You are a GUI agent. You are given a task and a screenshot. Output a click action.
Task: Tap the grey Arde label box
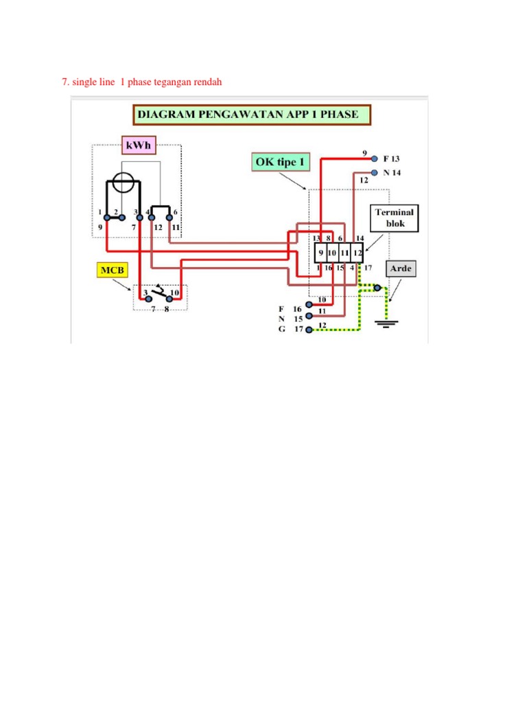400,268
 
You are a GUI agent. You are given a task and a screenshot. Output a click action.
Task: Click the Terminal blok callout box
395,218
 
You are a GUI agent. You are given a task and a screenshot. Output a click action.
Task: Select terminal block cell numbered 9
320,253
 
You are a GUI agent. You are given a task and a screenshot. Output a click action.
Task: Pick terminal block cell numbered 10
333,253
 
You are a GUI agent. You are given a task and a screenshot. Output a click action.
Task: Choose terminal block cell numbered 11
344,253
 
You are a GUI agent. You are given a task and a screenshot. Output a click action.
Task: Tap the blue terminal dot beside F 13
374,158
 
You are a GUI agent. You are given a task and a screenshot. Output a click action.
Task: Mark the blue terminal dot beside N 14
374,172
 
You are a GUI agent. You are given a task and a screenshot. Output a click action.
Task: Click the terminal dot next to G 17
309,330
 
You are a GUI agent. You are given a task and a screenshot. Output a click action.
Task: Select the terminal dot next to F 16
309,303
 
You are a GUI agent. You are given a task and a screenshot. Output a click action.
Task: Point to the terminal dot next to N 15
309,316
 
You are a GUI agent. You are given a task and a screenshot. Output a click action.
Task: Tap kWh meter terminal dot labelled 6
169,218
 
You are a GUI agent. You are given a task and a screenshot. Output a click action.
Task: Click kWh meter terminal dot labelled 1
107,218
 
